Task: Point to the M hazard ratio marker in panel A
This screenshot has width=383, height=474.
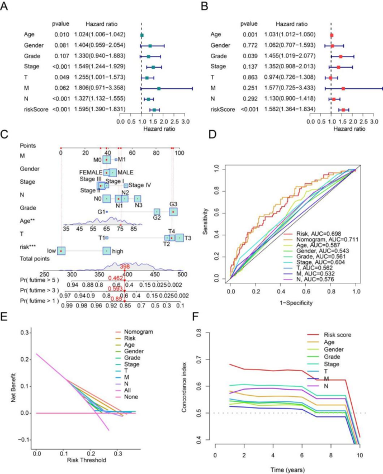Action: [159, 88]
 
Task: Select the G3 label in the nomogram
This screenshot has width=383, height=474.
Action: [173, 204]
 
